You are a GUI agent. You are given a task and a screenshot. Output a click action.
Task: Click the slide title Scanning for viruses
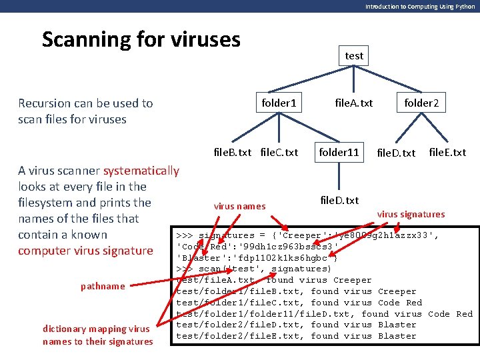pos(141,39)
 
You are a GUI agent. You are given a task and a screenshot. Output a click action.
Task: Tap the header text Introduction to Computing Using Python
pos(420,6)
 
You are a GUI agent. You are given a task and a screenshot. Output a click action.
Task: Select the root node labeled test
pos(354,56)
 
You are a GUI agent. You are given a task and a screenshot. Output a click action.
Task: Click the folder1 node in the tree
pos(279,103)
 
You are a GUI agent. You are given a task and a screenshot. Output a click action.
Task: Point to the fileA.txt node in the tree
pos(353,103)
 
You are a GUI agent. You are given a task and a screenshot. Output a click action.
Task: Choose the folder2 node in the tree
pos(421,103)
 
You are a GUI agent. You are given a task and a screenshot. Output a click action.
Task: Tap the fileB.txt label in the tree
pos(232,152)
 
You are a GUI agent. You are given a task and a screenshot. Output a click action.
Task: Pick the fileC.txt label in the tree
pos(279,152)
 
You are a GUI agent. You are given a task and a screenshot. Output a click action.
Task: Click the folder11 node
pos(339,152)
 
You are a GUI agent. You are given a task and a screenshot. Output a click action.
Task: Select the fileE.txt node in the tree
pos(447,152)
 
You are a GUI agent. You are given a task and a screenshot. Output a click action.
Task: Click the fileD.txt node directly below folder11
pos(339,200)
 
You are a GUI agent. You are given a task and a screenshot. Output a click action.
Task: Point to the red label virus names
pos(239,206)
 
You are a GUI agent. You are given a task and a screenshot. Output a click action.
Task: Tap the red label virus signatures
pos(411,214)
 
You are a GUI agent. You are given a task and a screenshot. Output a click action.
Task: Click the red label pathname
pos(103,286)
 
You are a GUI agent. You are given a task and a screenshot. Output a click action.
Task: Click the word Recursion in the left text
pos(44,103)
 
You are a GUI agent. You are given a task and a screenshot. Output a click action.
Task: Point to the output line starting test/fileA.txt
pos(273,280)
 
